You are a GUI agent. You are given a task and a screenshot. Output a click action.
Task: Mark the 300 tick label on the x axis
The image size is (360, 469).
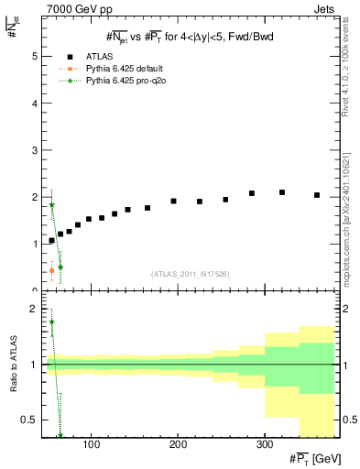(x=265, y=446)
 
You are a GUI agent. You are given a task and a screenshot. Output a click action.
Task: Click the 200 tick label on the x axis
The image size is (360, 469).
(x=178, y=446)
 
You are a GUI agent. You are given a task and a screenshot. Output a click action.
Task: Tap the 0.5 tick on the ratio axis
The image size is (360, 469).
(x=29, y=420)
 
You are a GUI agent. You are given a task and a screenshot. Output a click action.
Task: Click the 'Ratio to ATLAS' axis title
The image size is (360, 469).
(x=11, y=365)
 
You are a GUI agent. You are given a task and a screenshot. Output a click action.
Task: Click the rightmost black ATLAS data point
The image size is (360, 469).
(x=317, y=195)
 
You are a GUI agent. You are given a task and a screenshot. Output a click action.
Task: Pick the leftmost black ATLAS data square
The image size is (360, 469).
(x=51, y=240)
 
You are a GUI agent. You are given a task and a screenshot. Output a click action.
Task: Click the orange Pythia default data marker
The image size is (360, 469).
(x=51, y=270)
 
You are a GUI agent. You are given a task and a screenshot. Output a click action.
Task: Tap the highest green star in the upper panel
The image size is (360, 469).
(x=51, y=205)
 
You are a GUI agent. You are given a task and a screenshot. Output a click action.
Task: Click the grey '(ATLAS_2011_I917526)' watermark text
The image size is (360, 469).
(x=190, y=274)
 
